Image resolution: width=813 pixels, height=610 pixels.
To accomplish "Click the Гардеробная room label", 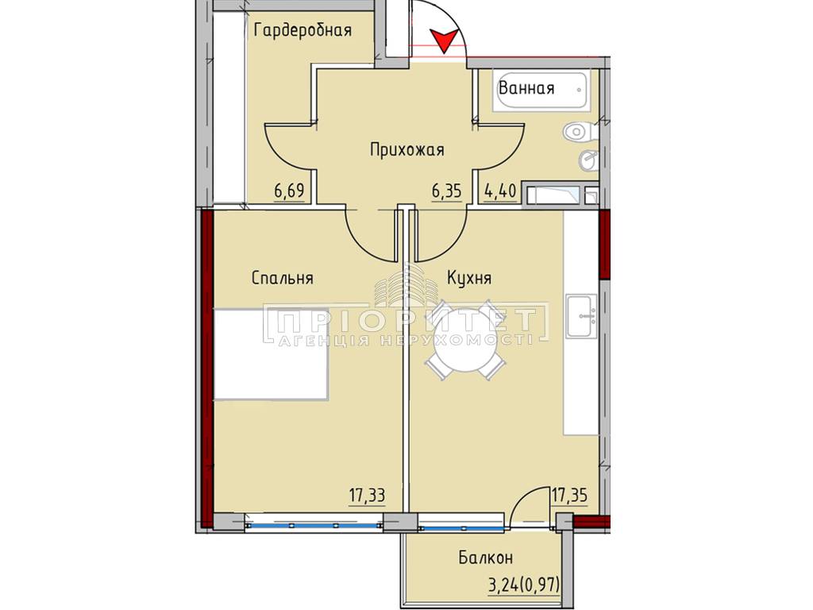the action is coord(302,31).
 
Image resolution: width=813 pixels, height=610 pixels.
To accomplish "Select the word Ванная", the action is coord(526,88).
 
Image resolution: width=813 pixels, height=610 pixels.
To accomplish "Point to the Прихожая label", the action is coord(407,150).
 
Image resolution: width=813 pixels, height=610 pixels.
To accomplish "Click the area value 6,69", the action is coord(289,191).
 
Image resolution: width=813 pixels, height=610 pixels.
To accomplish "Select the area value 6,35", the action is coord(446,191).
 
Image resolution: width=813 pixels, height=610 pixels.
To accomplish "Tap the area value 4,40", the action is coord(500,191).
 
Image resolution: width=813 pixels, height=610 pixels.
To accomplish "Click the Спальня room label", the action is coord(282,278).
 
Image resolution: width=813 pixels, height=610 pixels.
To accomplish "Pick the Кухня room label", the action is coord(469,278).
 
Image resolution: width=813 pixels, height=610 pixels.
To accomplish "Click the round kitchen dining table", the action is coord(464,341).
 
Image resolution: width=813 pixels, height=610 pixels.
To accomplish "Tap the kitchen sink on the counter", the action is coord(581,316).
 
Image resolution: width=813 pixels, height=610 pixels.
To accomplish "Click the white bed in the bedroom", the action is coord(272,355).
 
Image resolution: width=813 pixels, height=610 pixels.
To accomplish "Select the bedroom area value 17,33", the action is coord(367,496).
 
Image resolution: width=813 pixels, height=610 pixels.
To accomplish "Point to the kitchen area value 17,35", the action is coord(568,496).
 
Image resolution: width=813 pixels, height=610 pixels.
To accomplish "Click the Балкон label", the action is coord(485,558).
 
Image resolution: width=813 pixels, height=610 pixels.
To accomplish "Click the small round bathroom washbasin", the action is coord(588,160).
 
